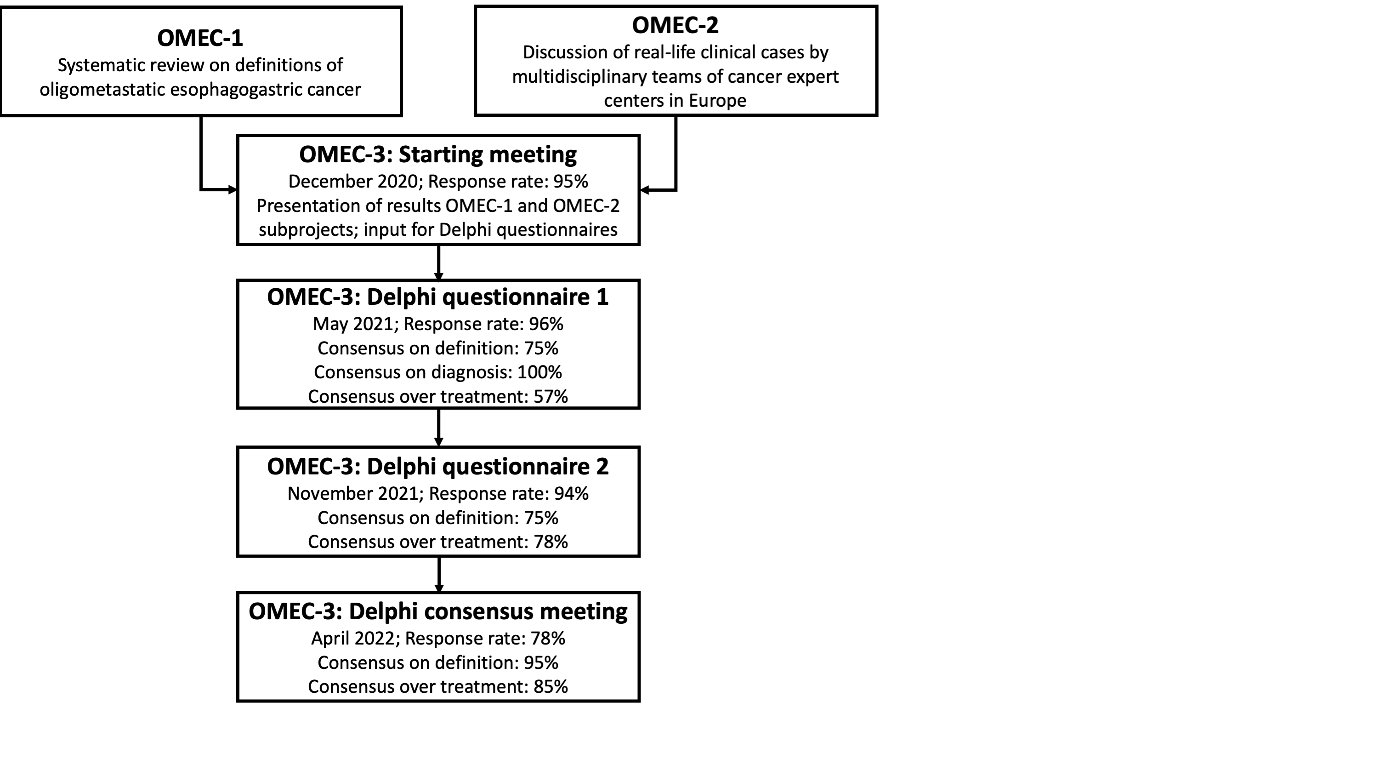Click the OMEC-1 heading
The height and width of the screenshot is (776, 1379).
[200, 38]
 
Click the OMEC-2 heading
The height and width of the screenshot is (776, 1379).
[675, 25]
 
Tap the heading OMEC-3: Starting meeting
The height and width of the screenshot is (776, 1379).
[438, 154]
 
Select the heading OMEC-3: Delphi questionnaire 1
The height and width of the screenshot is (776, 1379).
[438, 297]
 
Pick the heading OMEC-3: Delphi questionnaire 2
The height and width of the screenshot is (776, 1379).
[438, 467]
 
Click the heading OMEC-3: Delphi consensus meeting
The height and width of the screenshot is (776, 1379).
[438, 611]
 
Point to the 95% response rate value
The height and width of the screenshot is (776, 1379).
[571, 182]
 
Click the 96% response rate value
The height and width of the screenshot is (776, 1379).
[546, 324]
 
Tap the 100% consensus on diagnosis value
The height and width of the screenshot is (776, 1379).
[539, 372]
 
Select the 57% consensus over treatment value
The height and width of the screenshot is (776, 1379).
[551, 396]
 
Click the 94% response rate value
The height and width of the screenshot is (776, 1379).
[571, 493]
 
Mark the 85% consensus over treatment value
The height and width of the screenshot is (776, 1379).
[551, 686]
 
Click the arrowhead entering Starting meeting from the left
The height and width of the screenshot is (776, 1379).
[233, 189]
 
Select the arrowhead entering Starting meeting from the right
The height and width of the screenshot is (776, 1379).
[645, 189]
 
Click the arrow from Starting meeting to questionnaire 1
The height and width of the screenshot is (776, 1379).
[438, 262]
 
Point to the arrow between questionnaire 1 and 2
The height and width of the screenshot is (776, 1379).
[438, 428]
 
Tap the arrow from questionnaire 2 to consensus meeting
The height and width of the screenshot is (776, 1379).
[439, 575]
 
